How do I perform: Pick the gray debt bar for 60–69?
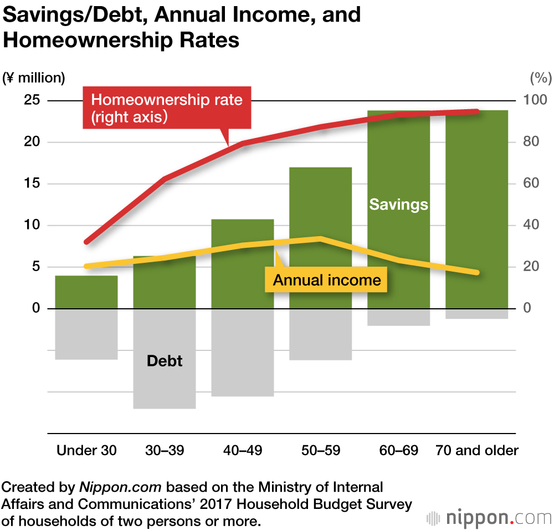pyautogui.click(x=399, y=317)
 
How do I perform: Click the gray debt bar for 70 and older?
pyautogui.click(x=477, y=314)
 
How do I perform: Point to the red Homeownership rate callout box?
pyautogui.click(x=167, y=108)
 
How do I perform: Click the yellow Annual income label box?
pyautogui.click(x=327, y=280)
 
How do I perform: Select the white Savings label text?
pyautogui.click(x=399, y=205)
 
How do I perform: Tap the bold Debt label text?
pyautogui.click(x=165, y=361)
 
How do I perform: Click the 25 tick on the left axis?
pyautogui.click(x=33, y=100)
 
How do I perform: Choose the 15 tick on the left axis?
pyautogui.click(x=33, y=184)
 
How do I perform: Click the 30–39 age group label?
pyautogui.click(x=165, y=450)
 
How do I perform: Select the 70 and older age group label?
pyautogui.click(x=477, y=450)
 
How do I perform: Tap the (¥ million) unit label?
pyautogui.click(x=34, y=78)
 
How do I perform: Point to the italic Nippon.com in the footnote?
pyautogui.click(x=120, y=487)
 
